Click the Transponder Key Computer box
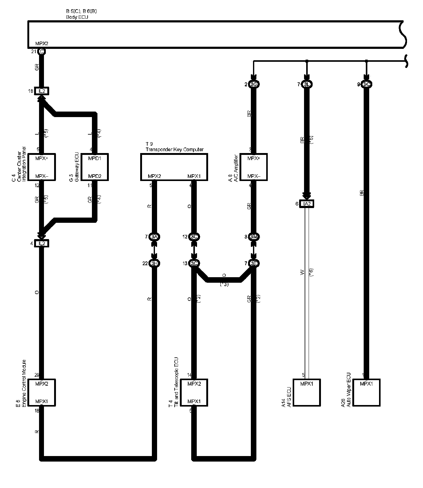coord(174,167)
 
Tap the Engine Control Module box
coord(42,392)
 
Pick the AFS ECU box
coord(306,392)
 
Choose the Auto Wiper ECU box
coord(366,392)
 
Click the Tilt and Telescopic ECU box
coord(194,392)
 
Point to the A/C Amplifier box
coord(254,167)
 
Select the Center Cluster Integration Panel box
coord(42,167)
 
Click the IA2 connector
coord(306,204)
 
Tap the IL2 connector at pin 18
coord(42,91)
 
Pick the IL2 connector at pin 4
coord(42,244)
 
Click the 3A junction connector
coord(154,237)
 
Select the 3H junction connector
coord(154,263)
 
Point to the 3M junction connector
coord(254,237)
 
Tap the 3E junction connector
coord(254,263)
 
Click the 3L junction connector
coord(306,85)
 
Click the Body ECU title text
coord(77,17)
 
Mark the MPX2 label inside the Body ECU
coord(42,44)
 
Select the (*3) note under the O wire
coord(224,285)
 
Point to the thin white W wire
coord(306,292)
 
